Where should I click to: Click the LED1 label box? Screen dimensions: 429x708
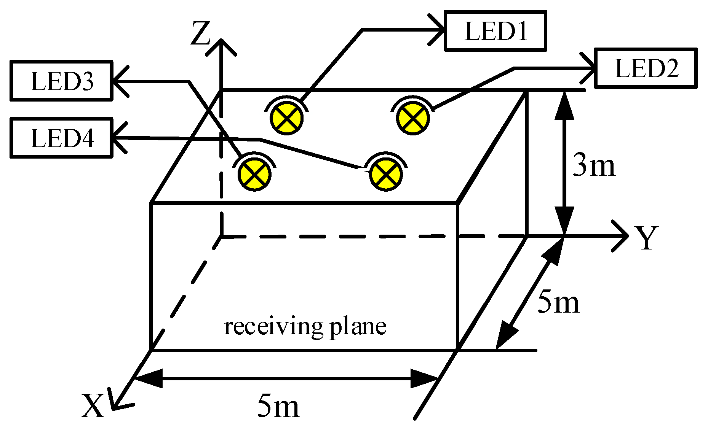495,31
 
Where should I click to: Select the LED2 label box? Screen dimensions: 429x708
646,68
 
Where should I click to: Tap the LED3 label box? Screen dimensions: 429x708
61,81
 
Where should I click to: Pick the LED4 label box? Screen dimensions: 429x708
61,138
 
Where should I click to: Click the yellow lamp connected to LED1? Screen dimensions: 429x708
287,118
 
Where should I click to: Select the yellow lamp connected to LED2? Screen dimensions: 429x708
413,118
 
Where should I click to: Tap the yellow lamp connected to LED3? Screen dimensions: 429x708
254,174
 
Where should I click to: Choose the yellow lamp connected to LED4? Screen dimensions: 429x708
386,174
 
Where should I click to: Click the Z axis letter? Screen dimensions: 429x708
200,33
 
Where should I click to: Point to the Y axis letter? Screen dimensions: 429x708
646,237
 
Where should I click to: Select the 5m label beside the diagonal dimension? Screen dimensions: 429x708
558,302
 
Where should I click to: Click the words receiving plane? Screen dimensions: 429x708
305,326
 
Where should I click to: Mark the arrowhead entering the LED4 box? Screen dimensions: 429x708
118,138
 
